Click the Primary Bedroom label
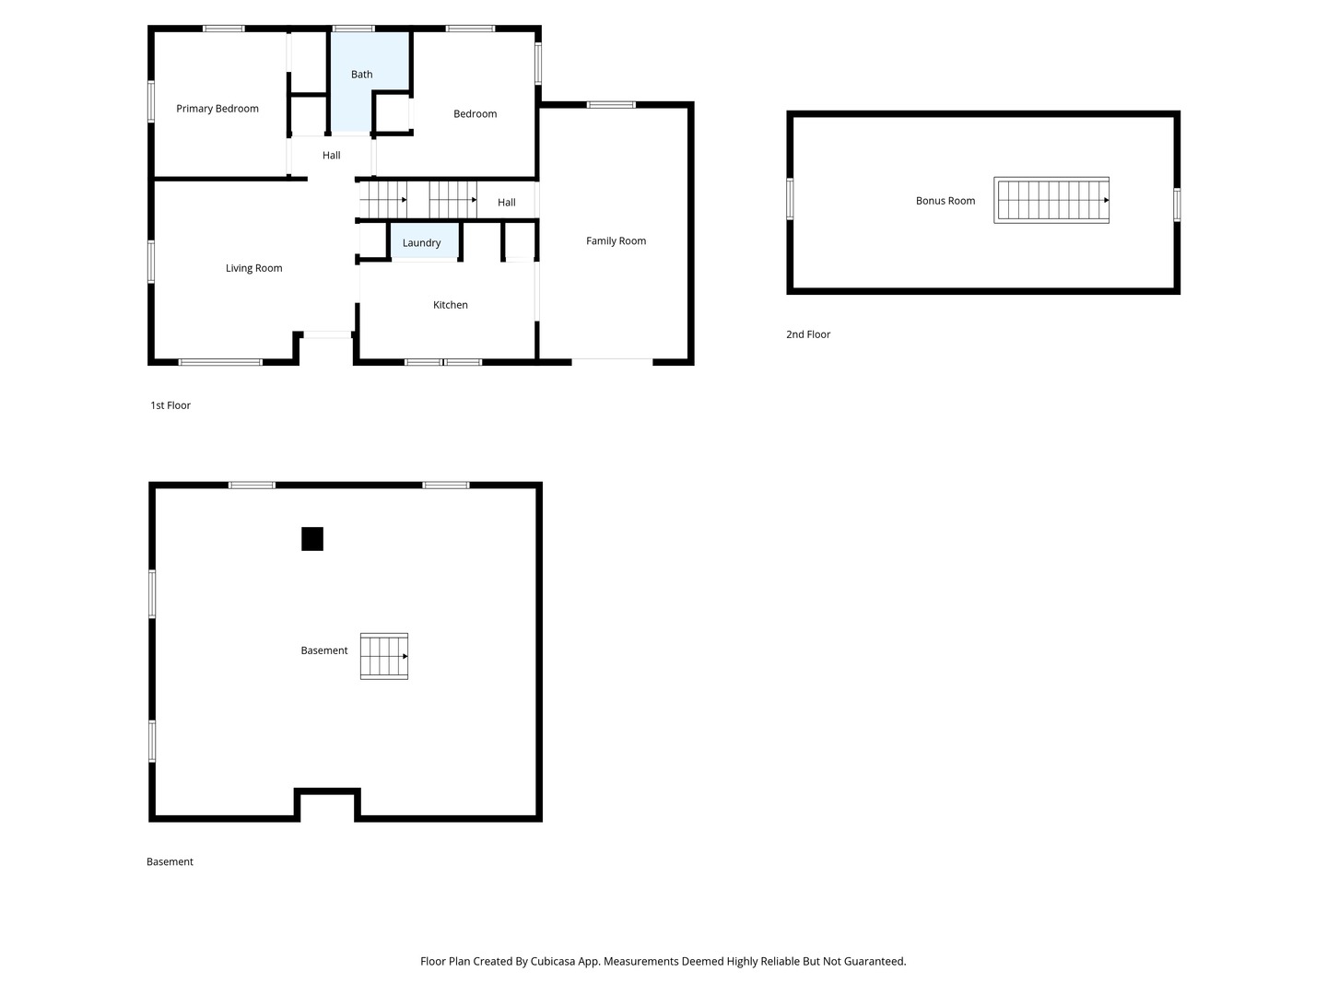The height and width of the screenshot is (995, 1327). point(217,109)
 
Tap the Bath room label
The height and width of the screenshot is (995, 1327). point(361,75)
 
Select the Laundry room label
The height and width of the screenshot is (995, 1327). point(421,243)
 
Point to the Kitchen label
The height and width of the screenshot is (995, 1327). point(451,305)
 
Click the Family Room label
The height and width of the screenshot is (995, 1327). point(617,241)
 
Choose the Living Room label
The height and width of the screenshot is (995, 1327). point(254,268)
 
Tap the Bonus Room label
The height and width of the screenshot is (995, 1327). point(945,201)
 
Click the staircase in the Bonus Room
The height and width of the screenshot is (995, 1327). point(1051,201)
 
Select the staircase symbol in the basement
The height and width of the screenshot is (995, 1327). point(384,656)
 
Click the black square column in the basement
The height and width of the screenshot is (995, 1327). point(312,539)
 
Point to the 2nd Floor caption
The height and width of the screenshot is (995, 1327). point(808,334)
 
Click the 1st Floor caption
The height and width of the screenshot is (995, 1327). point(170,405)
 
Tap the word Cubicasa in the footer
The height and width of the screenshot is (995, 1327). point(553,961)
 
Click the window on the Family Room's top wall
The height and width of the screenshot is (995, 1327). point(611,105)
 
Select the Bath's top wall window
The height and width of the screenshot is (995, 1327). point(353,29)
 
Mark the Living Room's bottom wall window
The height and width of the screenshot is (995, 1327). point(220,362)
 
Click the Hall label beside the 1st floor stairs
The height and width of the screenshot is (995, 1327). point(507,203)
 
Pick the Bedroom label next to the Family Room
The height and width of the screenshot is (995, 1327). point(476,114)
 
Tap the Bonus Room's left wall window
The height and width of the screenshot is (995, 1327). point(790,199)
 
